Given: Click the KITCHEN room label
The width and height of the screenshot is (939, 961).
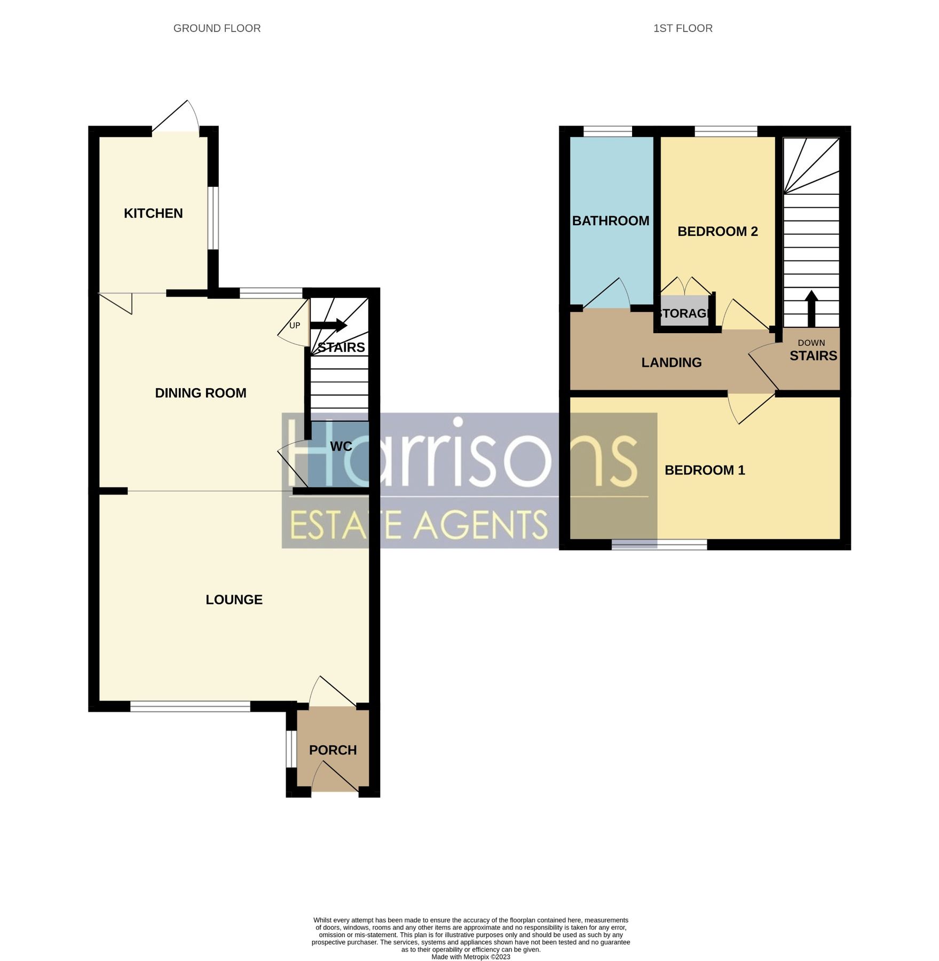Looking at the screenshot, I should point(153,214).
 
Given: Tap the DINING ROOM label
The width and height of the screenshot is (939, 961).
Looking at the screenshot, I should point(201,393).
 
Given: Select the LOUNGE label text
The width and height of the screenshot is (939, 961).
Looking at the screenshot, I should point(234,600).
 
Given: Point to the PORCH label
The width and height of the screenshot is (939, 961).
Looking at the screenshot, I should point(333,750).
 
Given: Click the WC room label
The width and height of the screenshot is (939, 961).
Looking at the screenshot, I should point(341,446).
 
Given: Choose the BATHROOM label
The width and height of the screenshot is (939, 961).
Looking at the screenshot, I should point(611,220).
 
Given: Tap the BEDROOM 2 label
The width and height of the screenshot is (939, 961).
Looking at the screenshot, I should point(717,231).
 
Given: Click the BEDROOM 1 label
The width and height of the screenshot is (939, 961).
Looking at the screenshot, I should point(705,470).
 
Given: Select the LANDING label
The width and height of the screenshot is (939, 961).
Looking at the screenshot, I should point(672,363).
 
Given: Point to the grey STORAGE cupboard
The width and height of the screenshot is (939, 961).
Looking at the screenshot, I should point(685,313).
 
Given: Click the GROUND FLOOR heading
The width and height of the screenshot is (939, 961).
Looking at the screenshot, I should point(217,28).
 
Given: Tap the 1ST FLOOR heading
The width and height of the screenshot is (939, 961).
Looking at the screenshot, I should point(683,28).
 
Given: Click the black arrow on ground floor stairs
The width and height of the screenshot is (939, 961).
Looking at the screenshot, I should point(329,325).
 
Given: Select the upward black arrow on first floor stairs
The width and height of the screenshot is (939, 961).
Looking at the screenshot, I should point(811,308).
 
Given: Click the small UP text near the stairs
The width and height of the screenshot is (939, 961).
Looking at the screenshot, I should point(295,325).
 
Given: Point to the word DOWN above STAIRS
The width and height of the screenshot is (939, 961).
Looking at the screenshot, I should point(811,343).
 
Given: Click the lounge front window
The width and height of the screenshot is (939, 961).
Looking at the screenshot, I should point(190,707).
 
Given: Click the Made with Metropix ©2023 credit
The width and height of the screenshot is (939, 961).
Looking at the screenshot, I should point(470,957).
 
